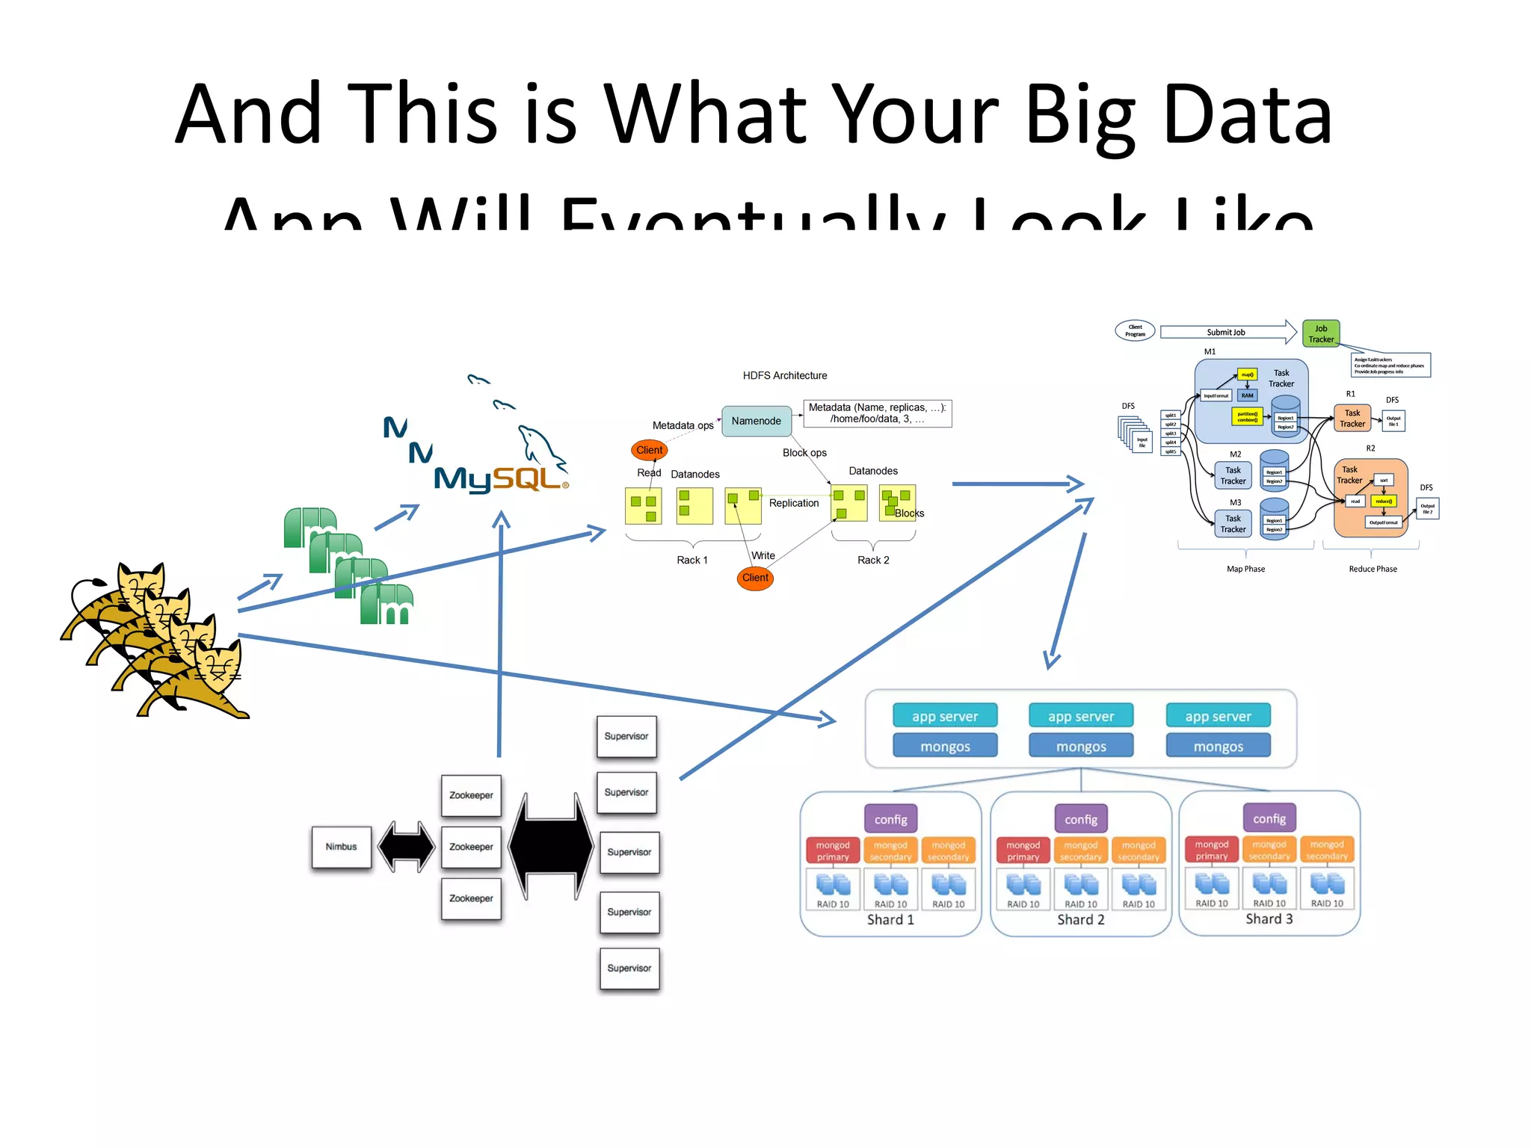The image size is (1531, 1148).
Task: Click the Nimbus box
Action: click(x=341, y=847)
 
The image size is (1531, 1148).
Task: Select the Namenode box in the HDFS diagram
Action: click(x=756, y=421)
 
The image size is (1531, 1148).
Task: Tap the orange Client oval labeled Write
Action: click(x=755, y=578)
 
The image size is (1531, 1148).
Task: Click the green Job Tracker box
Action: click(x=1320, y=333)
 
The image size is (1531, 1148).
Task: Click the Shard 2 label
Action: click(x=1080, y=920)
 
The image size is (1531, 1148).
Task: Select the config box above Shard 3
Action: click(x=1269, y=818)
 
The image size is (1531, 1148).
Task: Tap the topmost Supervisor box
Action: click(x=626, y=736)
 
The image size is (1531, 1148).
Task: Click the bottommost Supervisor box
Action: click(x=629, y=968)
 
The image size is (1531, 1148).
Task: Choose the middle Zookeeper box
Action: click(x=471, y=847)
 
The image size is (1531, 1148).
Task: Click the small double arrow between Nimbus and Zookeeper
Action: click(x=406, y=847)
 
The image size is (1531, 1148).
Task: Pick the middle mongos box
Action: click(x=1081, y=746)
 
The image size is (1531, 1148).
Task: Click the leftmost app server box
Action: click(x=945, y=716)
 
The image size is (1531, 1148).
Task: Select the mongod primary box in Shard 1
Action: click(x=833, y=851)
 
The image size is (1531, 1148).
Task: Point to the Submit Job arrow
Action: click(x=1226, y=332)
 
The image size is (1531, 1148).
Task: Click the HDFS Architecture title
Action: click(x=784, y=375)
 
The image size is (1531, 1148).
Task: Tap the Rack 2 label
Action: click(x=872, y=560)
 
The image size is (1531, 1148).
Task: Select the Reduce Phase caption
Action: click(x=1373, y=569)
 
